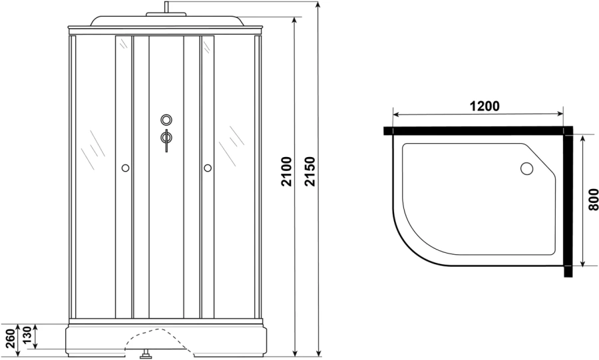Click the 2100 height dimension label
tap(286, 172)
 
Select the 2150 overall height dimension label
tap(309, 172)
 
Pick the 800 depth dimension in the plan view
tap(592, 200)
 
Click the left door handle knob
tap(124, 168)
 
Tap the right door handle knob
tap(208, 168)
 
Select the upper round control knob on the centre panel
tap(166, 120)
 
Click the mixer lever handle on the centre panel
tap(166, 138)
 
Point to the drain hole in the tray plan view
tap(527, 169)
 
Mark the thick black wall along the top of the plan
tap(476, 130)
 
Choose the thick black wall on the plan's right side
tap(568, 203)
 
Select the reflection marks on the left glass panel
tap(92, 150)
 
